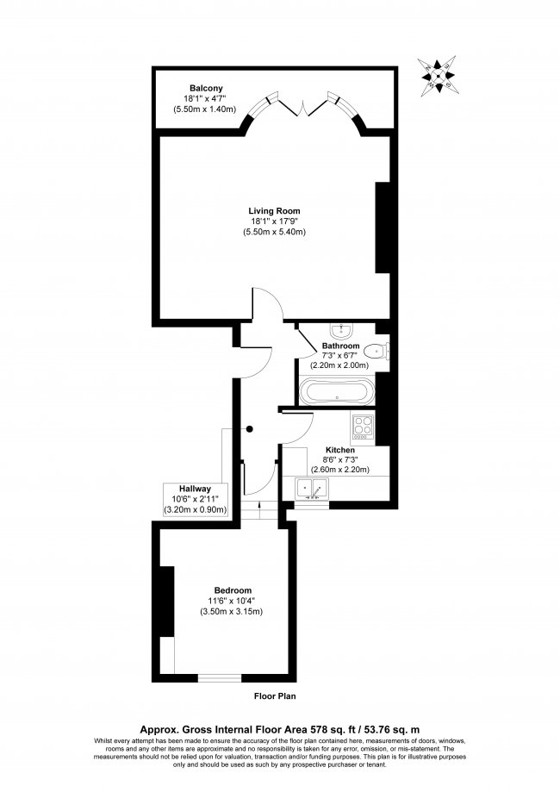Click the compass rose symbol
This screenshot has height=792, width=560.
point(439,76)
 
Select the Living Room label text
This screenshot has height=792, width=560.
point(275,211)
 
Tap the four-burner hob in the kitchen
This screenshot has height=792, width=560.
point(361,425)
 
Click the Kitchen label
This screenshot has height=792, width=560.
point(340,450)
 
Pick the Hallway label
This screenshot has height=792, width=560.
point(196,489)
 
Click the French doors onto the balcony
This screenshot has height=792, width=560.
point(302,109)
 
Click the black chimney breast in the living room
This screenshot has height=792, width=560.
point(383,228)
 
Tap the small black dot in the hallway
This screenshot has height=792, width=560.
point(250,427)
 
